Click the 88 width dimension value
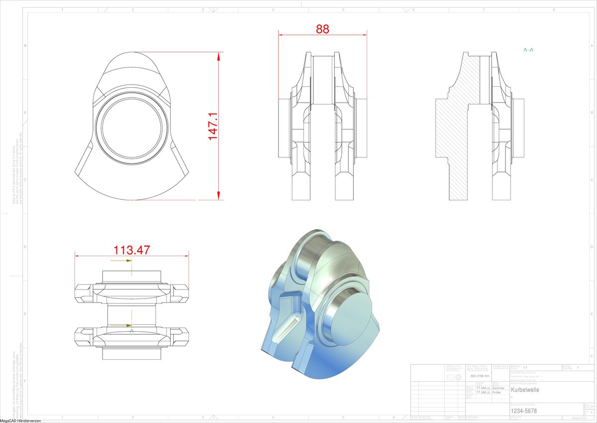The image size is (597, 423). tap(322, 29)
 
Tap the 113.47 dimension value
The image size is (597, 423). tap(132, 250)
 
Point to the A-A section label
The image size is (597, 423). tap(528, 50)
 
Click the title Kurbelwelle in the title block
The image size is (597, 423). tap(525, 390)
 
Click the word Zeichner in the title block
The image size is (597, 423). tap(498, 388)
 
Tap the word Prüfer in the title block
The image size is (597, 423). tap(497, 393)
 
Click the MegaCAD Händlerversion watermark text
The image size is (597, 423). tap(20, 421)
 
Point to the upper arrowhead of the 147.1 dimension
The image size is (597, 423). tap(218, 56)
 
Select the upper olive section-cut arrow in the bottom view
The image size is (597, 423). tap(128, 261)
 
